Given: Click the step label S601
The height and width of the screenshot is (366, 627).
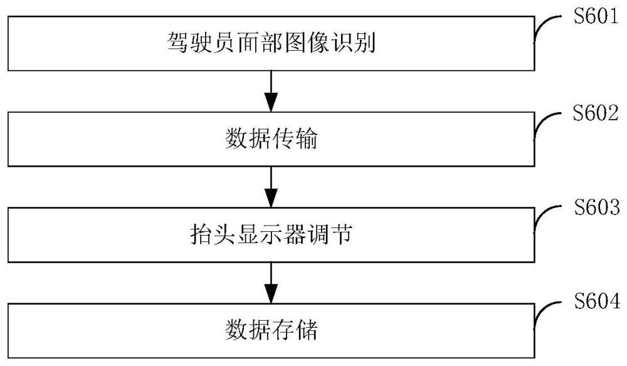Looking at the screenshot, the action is pos(596,16).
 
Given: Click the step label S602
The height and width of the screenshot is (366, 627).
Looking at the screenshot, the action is pos(596,113).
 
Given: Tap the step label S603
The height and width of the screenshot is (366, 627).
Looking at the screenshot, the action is pos(597,207).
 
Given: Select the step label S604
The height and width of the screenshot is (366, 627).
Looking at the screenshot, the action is pos(597,300).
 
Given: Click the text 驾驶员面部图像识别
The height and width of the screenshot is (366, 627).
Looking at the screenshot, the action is pos(271,43).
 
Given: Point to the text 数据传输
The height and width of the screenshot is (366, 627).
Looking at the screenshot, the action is pos(271,139).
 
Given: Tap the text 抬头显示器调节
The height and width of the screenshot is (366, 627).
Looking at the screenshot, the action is pos(271,234).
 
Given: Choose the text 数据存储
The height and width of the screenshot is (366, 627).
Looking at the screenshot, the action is pos(271,330).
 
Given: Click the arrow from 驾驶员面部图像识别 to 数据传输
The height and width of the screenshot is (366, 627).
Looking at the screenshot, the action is pos(271,91).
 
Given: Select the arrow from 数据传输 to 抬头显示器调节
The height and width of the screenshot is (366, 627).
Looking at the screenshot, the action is pos(271,187).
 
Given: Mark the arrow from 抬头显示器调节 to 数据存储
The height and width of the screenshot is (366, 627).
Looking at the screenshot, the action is pos(271,283).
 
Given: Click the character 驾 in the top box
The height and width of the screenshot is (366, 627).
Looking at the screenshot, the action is pos(178,43).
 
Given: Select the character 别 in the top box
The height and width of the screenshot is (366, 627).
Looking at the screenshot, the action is pos(364,43).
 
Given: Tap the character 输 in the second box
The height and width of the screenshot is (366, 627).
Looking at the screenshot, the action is pos(307,139).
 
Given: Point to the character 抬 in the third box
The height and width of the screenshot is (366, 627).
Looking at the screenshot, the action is pos(201,234).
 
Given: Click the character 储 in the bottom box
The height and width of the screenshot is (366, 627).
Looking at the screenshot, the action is pos(307,330).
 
